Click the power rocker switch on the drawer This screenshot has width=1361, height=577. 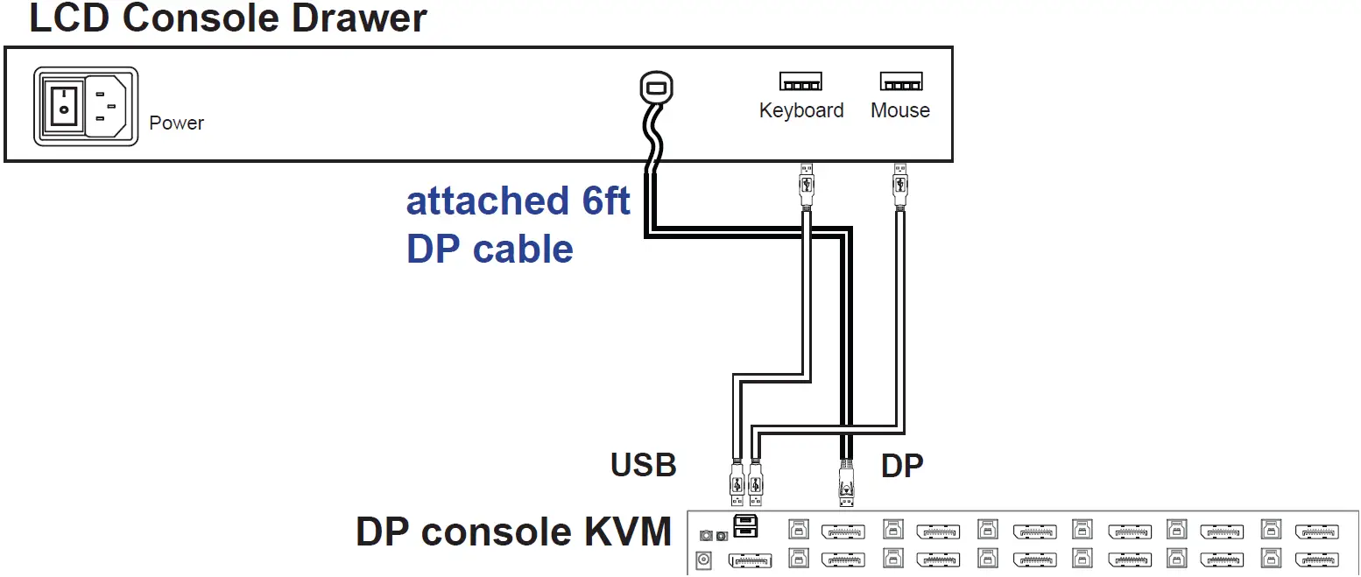point(63,105)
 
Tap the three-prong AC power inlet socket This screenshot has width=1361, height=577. point(107,105)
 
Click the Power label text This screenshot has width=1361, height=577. point(176,123)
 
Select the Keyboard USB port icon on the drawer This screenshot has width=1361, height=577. point(800,82)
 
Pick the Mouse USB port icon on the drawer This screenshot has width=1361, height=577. point(901,82)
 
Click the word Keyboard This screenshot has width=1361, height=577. point(801,110)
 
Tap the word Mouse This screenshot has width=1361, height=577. point(900,110)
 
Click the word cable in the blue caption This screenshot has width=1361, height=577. point(524,249)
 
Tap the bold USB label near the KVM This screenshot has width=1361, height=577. point(644,466)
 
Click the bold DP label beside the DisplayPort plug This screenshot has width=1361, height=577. point(902,466)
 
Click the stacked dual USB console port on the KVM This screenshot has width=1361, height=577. point(745,526)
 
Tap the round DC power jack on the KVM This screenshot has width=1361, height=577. point(703,560)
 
